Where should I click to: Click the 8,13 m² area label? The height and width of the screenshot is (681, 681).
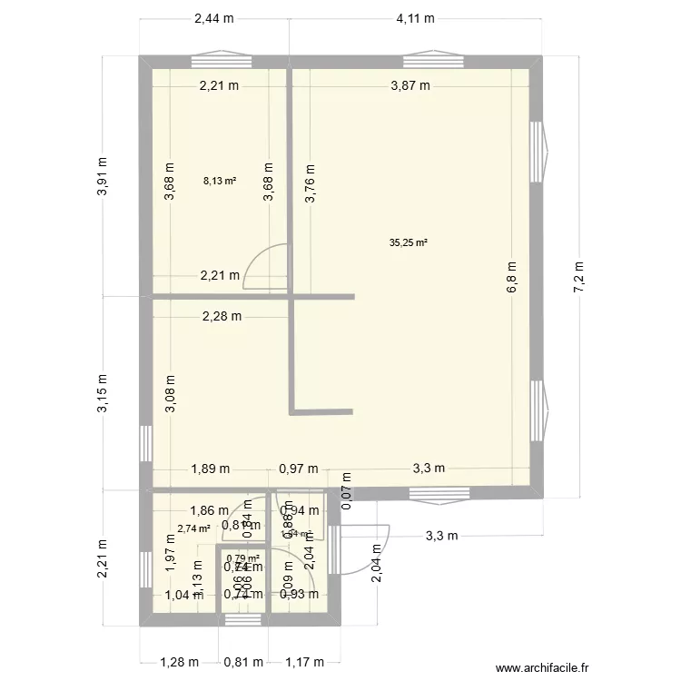(x=220, y=181)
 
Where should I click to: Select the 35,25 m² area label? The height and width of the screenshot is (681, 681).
(x=408, y=242)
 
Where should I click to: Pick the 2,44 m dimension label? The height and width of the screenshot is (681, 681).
(x=213, y=18)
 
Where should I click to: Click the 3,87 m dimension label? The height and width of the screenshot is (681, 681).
(x=410, y=86)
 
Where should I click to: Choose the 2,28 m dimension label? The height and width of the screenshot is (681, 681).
(x=222, y=316)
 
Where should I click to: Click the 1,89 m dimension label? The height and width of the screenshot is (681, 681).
(x=210, y=469)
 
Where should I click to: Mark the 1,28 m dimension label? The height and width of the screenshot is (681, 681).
(x=178, y=662)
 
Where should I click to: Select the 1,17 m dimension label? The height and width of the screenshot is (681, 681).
(x=304, y=662)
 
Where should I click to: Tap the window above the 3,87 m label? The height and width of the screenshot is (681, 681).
(x=428, y=61)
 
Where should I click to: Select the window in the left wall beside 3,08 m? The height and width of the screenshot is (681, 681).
(x=144, y=442)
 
